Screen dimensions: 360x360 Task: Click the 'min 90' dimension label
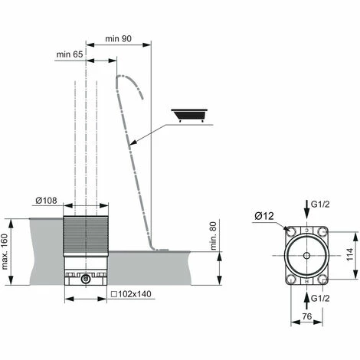[x=119, y=38]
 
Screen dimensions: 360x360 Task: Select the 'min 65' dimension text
[x=70, y=54]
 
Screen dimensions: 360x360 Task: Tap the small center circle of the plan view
[x=306, y=255]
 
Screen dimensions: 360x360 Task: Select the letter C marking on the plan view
[x=306, y=231]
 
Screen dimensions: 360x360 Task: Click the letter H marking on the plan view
[x=306, y=280]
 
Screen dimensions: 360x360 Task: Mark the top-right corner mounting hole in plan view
[x=326, y=230]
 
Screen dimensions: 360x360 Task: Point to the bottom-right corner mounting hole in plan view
[x=326, y=280]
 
